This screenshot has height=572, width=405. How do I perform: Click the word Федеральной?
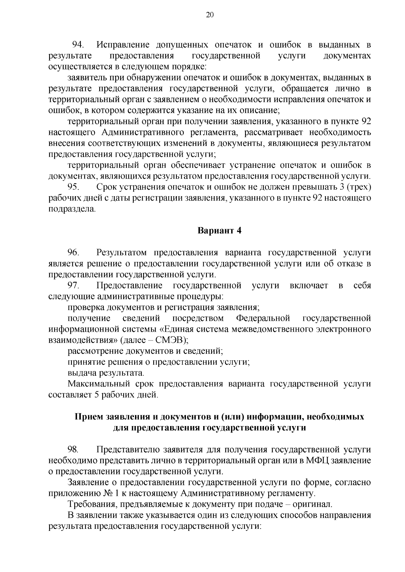[263, 318]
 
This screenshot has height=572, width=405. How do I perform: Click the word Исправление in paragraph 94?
[123, 44]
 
